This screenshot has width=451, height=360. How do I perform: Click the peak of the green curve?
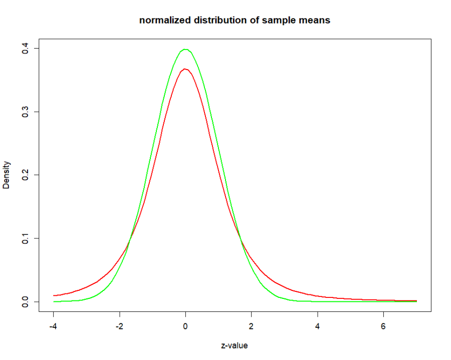click(x=185, y=49)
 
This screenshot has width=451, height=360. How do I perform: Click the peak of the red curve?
click(x=185, y=69)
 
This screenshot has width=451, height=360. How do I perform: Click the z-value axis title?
click(x=235, y=345)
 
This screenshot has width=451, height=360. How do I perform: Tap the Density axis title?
click(x=7, y=175)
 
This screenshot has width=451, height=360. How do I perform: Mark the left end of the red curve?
click(x=54, y=295)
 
